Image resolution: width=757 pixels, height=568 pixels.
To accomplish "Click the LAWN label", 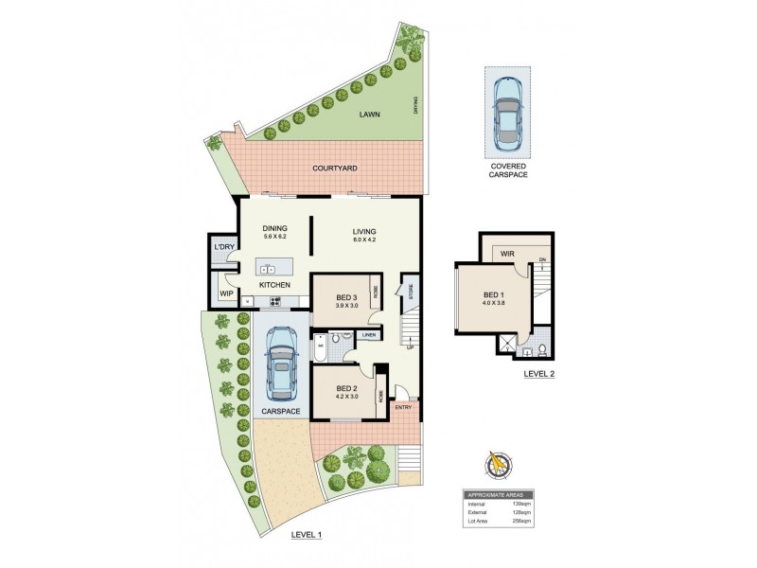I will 370,115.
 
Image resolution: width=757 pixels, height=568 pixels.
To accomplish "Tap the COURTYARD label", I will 335,168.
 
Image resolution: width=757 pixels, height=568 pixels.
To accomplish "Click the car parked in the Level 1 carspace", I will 281,364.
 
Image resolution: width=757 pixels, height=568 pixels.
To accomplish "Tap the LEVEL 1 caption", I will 308,535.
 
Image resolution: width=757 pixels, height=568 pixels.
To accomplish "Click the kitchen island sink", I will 268,269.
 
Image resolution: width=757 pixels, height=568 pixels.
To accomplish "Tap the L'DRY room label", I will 223,247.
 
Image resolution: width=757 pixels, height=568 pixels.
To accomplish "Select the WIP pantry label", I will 227,293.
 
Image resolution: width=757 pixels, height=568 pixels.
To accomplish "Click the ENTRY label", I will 402,407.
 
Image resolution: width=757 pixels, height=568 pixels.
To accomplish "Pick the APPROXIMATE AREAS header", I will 497,494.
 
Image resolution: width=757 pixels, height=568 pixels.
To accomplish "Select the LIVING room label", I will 364,232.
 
